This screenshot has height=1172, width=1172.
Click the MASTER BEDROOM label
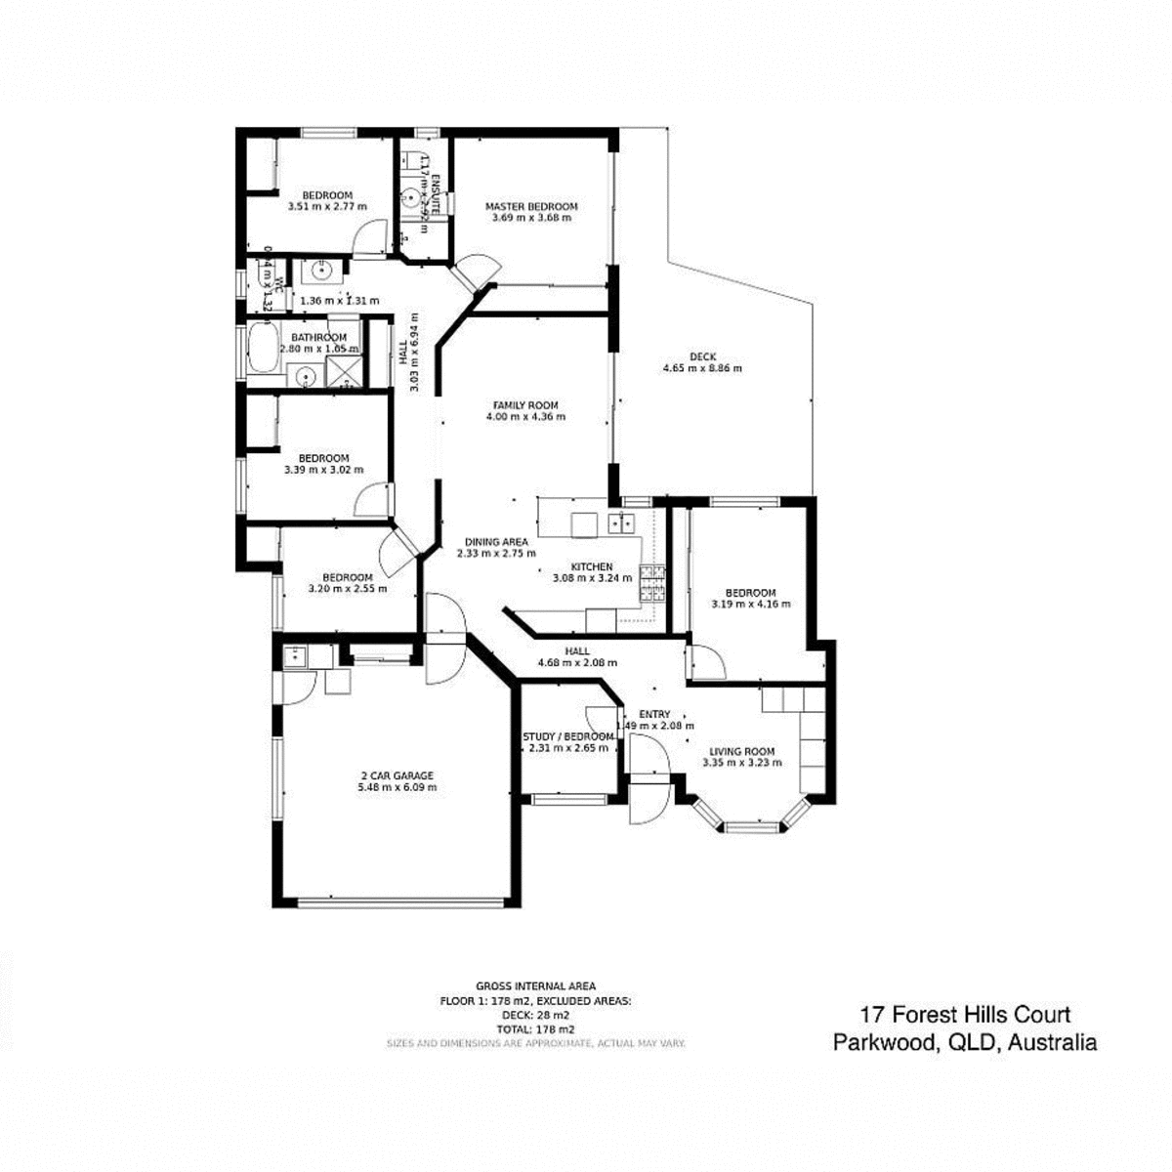pyautogui.click(x=531, y=206)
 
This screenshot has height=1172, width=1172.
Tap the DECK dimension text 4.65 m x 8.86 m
pyautogui.click(x=702, y=368)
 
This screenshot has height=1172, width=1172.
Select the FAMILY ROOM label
pyautogui.click(x=524, y=404)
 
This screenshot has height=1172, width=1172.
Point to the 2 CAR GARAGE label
pyautogui.click(x=397, y=775)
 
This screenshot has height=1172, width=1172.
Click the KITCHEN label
pyautogui.click(x=591, y=566)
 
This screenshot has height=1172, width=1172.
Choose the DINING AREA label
pyautogui.click(x=496, y=541)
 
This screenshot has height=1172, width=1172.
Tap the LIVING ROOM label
pyautogui.click(x=742, y=751)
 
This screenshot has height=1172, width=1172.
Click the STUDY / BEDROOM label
pyautogui.click(x=567, y=736)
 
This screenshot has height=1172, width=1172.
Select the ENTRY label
pyautogui.click(x=654, y=714)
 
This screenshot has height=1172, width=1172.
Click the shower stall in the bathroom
pyautogui.click(x=342, y=370)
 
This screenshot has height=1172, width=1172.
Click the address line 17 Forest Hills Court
pyautogui.click(x=964, y=1016)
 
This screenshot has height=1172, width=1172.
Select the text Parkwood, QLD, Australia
pyautogui.click(x=964, y=1042)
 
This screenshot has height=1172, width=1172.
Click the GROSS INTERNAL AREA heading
pyautogui.click(x=535, y=986)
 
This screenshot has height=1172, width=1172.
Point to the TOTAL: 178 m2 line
pyautogui.click(x=535, y=1029)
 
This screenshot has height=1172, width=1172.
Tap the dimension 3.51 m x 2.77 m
pyautogui.click(x=327, y=206)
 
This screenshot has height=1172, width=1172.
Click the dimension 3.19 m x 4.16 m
pyautogui.click(x=750, y=604)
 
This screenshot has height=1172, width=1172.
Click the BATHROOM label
pyautogui.click(x=318, y=337)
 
